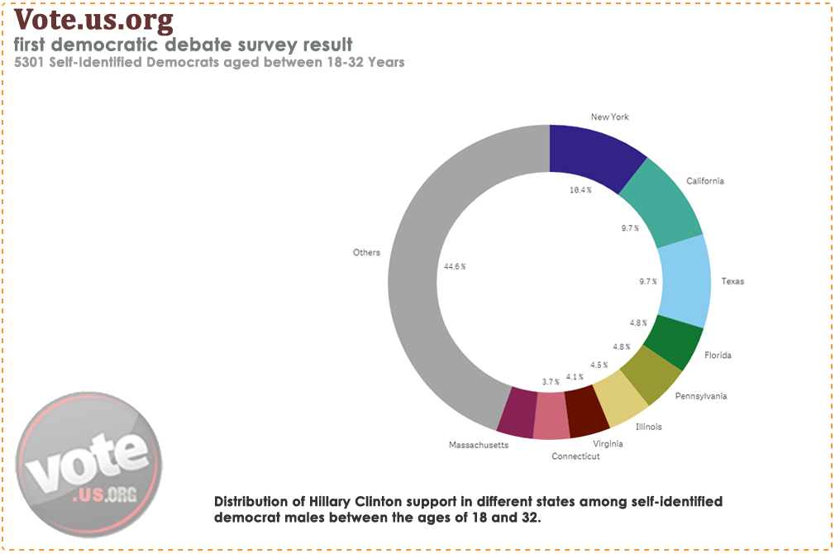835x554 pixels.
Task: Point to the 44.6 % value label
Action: pyautogui.click(x=455, y=266)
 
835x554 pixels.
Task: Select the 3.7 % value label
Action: pyautogui.click(x=551, y=381)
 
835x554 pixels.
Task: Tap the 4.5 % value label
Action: pyautogui.click(x=599, y=365)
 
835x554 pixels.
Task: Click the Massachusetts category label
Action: pyautogui.click(x=478, y=445)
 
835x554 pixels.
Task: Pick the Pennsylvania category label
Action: pyautogui.click(x=701, y=396)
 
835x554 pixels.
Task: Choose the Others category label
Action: pyautogui.click(x=366, y=252)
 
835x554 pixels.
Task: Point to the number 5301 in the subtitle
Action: pyautogui.click(x=31, y=62)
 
